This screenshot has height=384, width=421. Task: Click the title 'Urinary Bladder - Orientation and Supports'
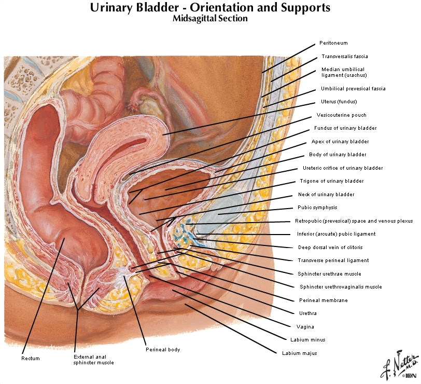point(210,8)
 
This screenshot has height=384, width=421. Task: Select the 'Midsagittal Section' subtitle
point(210,19)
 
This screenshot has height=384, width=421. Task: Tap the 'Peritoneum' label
point(333,43)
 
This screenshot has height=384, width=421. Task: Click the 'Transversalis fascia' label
point(345,56)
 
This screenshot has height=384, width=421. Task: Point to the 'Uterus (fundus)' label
point(339,102)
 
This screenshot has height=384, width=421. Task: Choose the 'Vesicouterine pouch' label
point(341,115)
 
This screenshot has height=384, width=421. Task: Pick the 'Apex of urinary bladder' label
point(340,141)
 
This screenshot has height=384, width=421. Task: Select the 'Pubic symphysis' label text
point(317,208)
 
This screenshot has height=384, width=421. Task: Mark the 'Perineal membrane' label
point(324,300)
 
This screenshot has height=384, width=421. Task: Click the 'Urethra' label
point(308,313)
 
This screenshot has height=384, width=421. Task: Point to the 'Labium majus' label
point(299,353)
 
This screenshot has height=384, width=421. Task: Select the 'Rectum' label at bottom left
point(30,358)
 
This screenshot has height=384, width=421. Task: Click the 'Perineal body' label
point(163,350)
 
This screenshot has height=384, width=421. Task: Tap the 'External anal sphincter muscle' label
point(93,360)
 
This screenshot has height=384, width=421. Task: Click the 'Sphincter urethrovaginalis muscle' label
point(341,287)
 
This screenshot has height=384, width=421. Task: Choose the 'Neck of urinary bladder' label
point(326,195)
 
